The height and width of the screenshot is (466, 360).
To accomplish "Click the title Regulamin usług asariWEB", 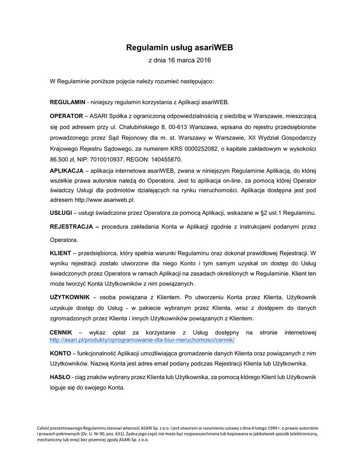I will [180, 47].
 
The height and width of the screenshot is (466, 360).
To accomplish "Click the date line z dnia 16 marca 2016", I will [180, 60].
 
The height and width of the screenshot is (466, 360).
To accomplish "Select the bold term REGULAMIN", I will [67, 101].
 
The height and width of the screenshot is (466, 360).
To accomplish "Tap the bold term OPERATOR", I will [66, 116].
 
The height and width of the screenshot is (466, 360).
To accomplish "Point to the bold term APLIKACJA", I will [66, 171].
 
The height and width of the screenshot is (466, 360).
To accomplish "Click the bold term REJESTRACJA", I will [72, 226].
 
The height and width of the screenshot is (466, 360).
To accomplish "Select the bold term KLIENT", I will [61, 253].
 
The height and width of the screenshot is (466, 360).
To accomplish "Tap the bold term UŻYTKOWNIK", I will [69, 297].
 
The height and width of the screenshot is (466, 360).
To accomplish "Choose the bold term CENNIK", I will [61, 333].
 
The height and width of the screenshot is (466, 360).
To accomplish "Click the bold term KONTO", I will [60, 353].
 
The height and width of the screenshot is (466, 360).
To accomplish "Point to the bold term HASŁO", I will [60, 377].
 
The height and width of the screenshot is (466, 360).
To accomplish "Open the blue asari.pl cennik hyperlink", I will [142, 340].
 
